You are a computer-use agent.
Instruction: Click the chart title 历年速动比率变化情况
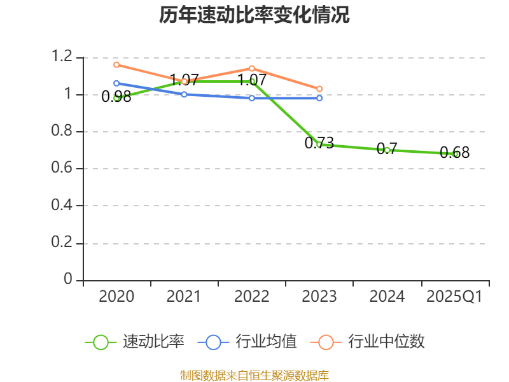254,15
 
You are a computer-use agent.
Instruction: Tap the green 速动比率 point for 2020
116,97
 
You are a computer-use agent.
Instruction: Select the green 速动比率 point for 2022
252,81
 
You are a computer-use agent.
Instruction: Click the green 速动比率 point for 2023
319,145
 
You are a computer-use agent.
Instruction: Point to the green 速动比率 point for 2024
387,150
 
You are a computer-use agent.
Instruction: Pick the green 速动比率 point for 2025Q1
455,154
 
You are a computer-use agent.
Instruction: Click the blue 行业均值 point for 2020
116,83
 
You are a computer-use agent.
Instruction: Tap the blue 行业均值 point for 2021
184,94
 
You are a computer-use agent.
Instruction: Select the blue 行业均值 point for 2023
319,98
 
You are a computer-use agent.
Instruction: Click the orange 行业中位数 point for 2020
116,64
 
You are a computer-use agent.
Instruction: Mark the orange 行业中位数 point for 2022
252,68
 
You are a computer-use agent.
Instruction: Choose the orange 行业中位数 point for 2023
319,88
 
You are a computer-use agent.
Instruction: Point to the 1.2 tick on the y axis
62,57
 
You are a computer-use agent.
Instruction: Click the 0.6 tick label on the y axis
62,169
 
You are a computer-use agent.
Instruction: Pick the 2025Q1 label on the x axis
454,297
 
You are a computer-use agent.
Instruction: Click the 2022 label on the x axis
252,297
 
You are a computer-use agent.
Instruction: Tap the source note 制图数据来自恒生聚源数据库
254,375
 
